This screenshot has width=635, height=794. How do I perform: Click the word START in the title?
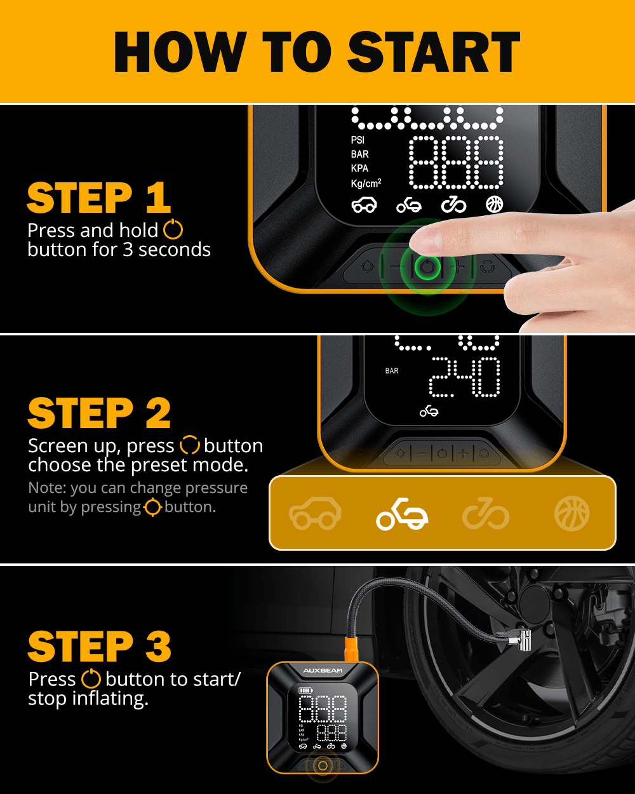point(434,51)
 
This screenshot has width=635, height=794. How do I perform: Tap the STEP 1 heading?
point(99,198)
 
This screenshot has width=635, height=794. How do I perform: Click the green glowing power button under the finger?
point(427,267)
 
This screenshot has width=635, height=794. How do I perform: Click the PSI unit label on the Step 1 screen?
point(358,140)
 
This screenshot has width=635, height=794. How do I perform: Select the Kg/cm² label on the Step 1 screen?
point(366,183)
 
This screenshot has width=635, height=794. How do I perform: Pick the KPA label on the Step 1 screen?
point(359,168)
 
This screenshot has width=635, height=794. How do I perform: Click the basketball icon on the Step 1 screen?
point(494,205)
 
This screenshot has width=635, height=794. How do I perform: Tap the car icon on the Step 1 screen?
point(364,205)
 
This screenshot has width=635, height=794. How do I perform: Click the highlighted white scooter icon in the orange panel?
point(402,514)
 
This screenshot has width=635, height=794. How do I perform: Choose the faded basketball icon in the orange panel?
point(571,514)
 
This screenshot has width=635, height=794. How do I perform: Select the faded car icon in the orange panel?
point(315,513)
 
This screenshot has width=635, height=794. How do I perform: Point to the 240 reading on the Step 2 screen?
point(465,377)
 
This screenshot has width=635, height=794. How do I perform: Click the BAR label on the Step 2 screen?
point(392,370)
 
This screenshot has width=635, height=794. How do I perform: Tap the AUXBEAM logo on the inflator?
point(323,670)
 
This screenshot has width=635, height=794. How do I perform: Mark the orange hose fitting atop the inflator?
point(351,649)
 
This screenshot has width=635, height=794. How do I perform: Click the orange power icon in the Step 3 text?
point(91,678)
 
